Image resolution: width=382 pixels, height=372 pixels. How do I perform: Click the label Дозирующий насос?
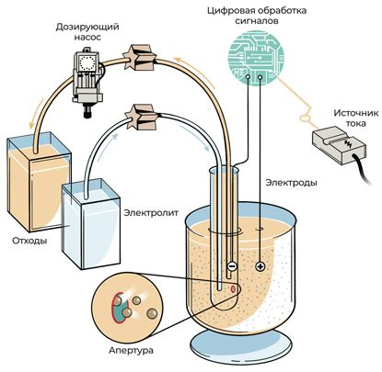point(87,32)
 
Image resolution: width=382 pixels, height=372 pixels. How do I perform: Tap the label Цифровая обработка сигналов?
point(257,16)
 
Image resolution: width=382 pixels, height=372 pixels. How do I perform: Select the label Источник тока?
point(356,118)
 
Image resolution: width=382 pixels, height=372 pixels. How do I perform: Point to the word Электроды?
point(291,183)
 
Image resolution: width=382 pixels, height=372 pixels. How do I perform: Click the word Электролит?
point(151,213)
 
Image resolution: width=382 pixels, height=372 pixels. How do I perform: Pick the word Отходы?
point(29,241)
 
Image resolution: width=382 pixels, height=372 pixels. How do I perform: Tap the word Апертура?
point(131,350)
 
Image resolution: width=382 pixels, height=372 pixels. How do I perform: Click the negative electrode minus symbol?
point(232,266)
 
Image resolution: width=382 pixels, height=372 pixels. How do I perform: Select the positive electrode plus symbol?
point(260,266)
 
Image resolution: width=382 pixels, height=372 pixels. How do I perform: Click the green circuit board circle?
point(256,57)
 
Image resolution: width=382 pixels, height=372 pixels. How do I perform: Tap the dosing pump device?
point(87,82)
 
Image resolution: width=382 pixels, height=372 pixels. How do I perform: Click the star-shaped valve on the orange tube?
point(140,58)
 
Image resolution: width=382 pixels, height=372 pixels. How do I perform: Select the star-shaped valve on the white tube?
point(143,117)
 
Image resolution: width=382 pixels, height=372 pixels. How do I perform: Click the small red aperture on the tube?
point(234,288)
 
